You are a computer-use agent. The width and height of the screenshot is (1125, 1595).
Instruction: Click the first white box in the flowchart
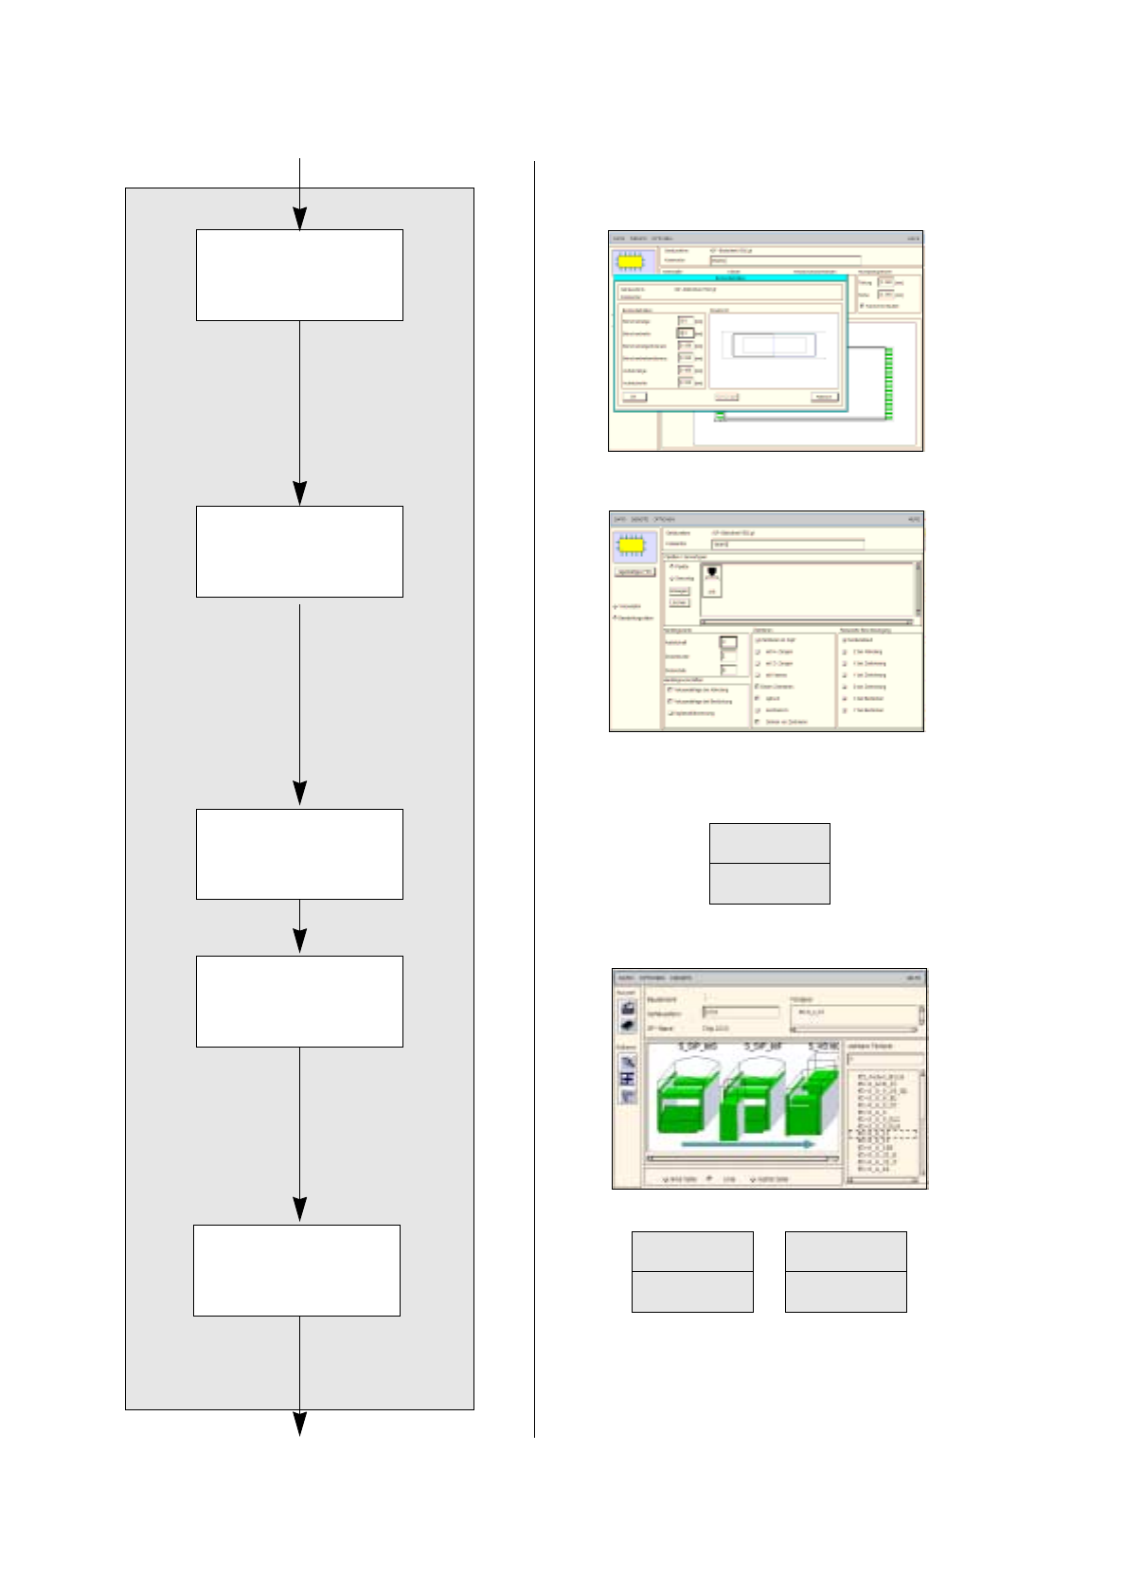click(x=299, y=275)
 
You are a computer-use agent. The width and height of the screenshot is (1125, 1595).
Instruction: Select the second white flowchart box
click(x=299, y=551)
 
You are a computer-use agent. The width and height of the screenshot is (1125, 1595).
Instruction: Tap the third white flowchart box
click(x=299, y=853)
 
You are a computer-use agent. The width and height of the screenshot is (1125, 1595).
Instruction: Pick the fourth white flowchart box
click(x=299, y=1001)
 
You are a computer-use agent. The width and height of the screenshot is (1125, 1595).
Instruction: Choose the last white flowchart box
click(x=296, y=1270)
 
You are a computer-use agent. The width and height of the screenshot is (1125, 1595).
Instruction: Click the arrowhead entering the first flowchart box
click(x=299, y=219)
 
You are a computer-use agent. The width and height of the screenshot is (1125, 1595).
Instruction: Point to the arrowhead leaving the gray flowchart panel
click(x=299, y=1424)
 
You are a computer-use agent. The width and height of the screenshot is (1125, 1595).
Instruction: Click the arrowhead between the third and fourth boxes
click(x=299, y=941)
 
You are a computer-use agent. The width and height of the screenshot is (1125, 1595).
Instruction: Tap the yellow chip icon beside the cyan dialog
click(x=633, y=260)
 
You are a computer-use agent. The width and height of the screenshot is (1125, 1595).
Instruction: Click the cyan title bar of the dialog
click(x=729, y=278)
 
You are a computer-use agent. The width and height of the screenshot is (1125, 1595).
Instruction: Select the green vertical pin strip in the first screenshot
click(x=889, y=383)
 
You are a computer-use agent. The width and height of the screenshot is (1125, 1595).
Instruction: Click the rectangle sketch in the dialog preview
click(x=774, y=345)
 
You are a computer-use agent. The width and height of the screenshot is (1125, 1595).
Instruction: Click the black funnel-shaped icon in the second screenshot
click(x=712, y=572)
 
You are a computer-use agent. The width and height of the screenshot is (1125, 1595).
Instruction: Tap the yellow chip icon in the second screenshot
click(x=635, y=546)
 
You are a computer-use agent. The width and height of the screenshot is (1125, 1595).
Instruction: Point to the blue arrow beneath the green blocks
click(x=748, y=1144)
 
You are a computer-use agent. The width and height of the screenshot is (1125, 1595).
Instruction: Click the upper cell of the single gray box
click(x=769, y=843)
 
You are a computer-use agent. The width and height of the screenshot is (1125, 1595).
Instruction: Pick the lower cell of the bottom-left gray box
click(x=692, y=1292)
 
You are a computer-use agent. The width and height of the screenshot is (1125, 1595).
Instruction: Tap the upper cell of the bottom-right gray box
click(x=846, y=1251)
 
